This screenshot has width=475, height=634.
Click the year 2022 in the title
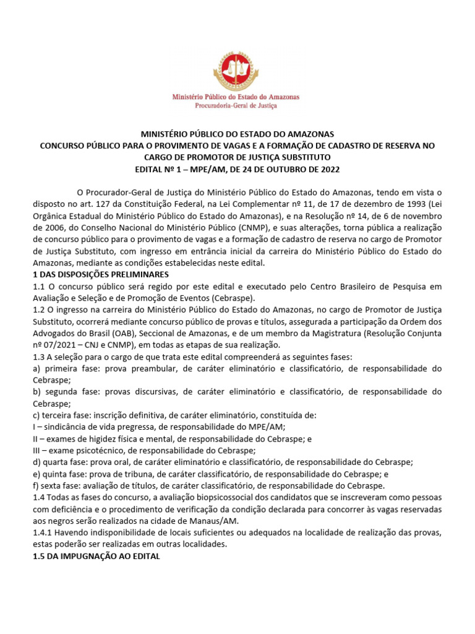click(328, 169)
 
